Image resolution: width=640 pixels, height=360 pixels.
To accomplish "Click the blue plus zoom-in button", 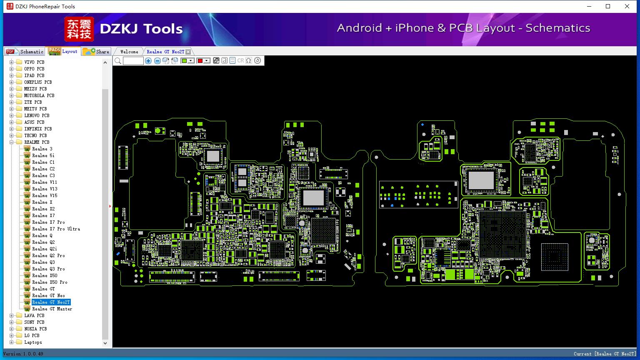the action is (148, 60).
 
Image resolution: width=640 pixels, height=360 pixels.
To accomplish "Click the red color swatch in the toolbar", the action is (200, 60).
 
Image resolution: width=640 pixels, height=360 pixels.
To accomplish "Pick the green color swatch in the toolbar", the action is (184, 60).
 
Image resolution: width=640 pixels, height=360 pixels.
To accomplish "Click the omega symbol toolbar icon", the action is (249, 60).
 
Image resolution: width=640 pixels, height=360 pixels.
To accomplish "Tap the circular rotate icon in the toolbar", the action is (257, 60).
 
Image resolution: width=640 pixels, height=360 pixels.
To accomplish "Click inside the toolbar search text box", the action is (133, 60).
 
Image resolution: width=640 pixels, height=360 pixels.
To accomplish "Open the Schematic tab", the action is (25, 51).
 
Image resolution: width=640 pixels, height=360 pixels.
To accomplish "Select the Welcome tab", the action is (129, 52).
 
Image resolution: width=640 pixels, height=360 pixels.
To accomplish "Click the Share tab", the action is (96, 51).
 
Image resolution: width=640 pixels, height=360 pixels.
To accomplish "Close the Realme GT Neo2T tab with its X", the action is (188, 52).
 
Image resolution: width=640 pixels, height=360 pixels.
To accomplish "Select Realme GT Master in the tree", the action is (52, 309).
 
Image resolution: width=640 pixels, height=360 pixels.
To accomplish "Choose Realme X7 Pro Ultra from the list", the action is (56, 229).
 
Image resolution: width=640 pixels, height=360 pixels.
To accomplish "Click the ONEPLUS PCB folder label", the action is (38, 82).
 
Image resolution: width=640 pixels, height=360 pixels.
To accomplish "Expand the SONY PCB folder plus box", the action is (11, 322).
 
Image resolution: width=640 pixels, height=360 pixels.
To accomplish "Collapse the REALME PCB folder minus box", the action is (11, 142).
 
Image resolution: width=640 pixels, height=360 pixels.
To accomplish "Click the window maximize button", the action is (608, 6).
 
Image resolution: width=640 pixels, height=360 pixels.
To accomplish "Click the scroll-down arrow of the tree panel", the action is (105, 343).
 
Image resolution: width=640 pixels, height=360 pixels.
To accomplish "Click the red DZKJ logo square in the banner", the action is (79, 29).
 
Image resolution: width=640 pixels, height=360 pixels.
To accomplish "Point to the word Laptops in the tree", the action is (33, 342).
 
